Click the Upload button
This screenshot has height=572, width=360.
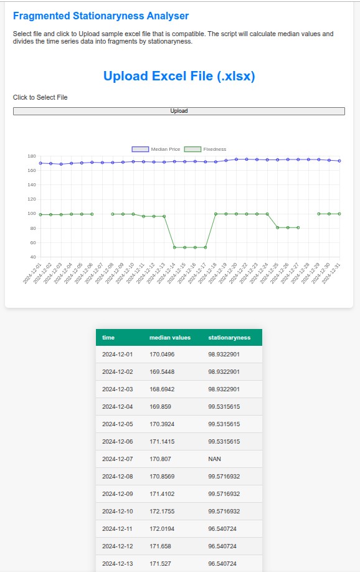[179, 111]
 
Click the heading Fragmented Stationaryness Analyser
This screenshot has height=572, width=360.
[101, 16]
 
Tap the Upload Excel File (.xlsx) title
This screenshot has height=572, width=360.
[179, 76]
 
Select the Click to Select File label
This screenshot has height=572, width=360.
[40, 97]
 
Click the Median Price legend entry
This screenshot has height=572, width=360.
[156, 149]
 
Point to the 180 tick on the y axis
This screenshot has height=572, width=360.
[32, 156]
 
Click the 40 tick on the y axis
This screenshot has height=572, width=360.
[33, 257]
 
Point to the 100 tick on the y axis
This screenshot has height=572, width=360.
[32, 213]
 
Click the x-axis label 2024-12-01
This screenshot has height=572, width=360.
[32, 274]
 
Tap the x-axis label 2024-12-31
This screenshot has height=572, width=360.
[331, 274]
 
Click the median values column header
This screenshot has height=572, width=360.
[170, 338]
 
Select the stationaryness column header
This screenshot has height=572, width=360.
[229, 338]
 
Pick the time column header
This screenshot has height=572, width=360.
[108, 338]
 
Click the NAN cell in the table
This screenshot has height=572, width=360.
[214, 459]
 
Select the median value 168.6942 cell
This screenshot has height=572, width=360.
[162, 389]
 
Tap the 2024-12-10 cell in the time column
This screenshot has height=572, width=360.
[118, 512]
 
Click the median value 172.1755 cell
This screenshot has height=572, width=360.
[162, 512]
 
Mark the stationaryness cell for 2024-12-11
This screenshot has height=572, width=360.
[222, 529]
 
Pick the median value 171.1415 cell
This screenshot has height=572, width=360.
[162, 441]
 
